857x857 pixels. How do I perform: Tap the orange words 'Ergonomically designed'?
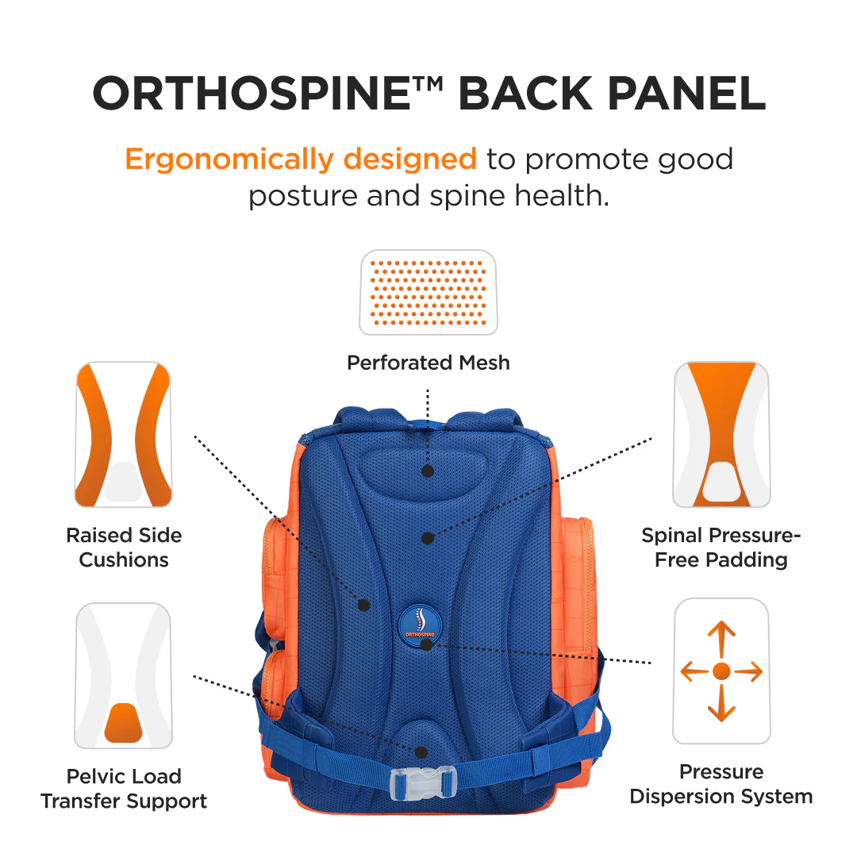coord(301,159)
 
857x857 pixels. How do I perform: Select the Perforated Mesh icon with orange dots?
coord(428,292)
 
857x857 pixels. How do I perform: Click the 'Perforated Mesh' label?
coord(428,363)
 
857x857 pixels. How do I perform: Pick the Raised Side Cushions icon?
coord(124,435)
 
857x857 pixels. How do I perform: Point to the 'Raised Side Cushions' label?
coord(124,548)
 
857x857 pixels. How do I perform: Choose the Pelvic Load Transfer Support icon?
coord(124,675)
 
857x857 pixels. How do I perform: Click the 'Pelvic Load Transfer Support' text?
coord(124,788)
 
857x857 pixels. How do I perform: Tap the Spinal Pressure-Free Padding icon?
coord(721,435)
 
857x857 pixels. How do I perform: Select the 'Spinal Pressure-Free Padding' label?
coord(721,548)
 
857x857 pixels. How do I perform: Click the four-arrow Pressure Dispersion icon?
coord(721,671)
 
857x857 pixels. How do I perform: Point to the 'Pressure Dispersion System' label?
coord(721,784)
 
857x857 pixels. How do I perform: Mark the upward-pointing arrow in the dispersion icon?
coord(721,638)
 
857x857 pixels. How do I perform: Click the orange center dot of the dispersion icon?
coord(721,671)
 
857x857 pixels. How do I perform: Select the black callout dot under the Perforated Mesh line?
coord(428,471)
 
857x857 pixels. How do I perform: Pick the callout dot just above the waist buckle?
coord(421,751)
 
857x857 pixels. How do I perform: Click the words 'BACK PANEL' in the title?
coord(612,94)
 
